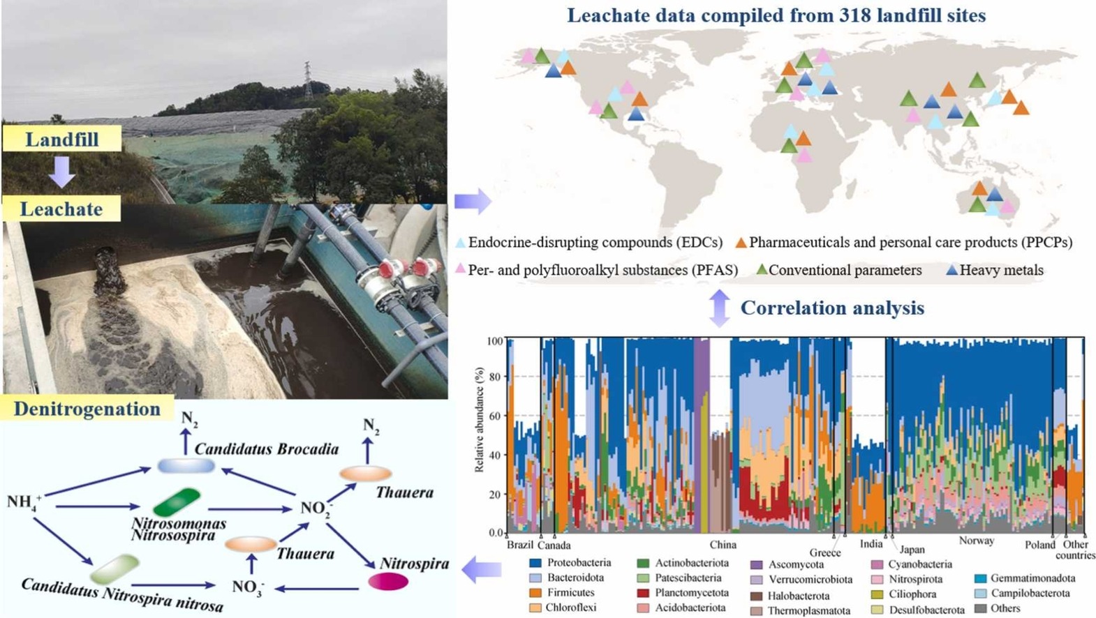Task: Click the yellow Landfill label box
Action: click(x=62, y=138)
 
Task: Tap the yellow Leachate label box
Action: click(x=61, y=209)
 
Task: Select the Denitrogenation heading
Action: click(x=87, y=408)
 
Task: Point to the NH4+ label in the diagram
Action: click(x=24, y=502)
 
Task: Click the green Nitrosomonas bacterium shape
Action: click(x=177, y=502)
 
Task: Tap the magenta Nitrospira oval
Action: click(x=388, y=582)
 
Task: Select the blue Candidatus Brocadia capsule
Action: click(x=186, y=465)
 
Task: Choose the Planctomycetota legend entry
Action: click(x=683, y=593)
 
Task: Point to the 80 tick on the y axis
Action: click(x=495, y=377)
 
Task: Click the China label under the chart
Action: click(x=723, y=545)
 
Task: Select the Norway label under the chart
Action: click(x=977, y=541)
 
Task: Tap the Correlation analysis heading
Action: click(x=832, y=308)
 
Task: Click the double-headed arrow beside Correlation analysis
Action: click(x=720, y=308)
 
